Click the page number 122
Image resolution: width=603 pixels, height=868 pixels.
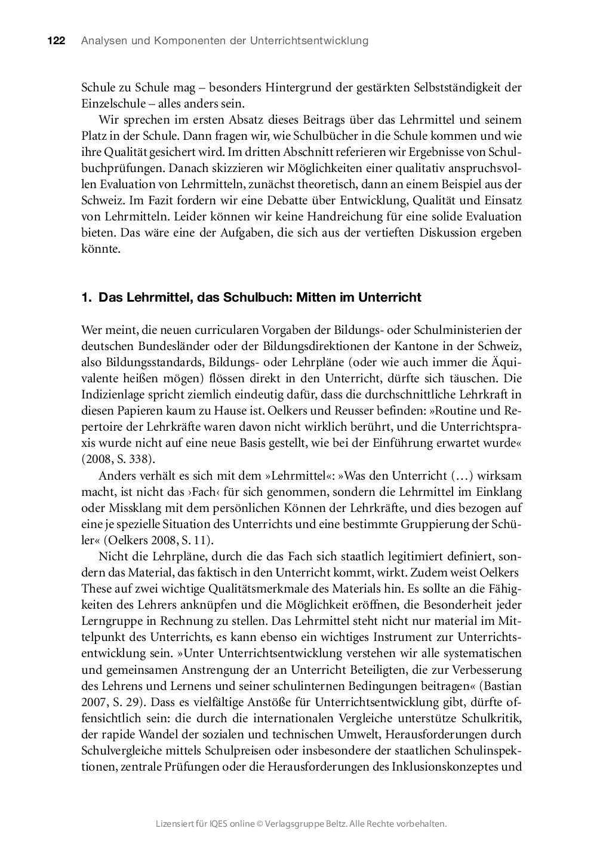(56, 41)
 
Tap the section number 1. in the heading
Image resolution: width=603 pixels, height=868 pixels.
(87, 297)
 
